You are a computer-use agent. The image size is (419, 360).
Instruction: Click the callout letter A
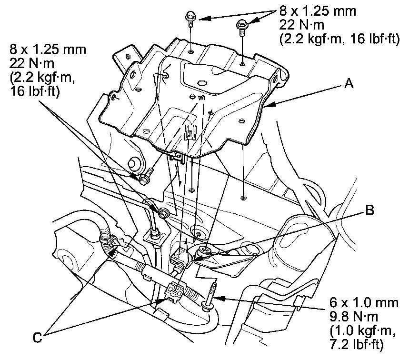click(349, 84)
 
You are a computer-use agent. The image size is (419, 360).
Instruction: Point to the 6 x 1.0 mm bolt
click(210, 298)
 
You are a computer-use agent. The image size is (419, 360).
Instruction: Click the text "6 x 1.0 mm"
click(363, 303)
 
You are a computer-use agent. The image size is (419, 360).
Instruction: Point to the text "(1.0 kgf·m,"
click(358, 328)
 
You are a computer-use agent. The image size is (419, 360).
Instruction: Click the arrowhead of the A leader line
click(267, 105)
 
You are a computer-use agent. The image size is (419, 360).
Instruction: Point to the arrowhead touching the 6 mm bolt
click(217, 298)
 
